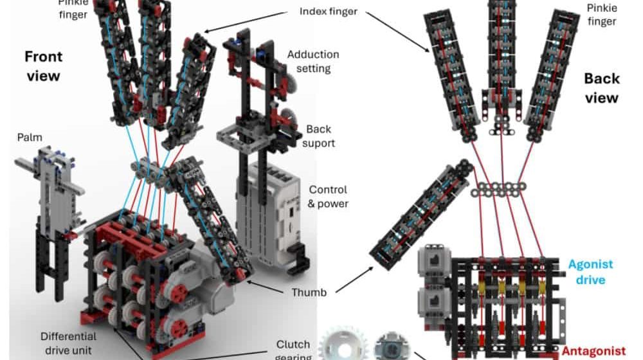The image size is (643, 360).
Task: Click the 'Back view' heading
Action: (601, 88)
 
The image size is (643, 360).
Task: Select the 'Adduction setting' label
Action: (313, 61)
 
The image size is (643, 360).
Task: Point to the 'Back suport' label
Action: (319, 136)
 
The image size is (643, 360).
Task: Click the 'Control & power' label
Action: (329, 197)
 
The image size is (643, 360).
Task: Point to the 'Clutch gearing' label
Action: (293, 350)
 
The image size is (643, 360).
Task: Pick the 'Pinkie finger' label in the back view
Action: (602, 14)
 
